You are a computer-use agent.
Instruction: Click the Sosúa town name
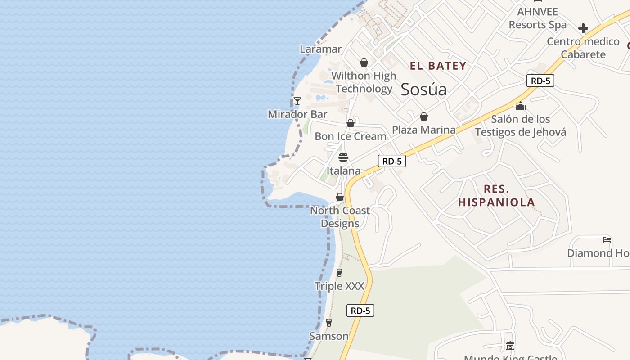pos(423,89)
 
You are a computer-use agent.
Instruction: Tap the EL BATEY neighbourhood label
pos(438,66)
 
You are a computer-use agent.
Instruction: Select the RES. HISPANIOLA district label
pos(497,195)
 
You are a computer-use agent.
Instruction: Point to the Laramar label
pos(321,49)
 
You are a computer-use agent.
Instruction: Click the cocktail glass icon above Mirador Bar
pos(297,101)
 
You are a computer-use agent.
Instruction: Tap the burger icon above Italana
pos(343,157)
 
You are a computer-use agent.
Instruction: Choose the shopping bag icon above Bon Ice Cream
pos(351,123)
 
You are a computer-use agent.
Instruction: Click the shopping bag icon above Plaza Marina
pos(423,117)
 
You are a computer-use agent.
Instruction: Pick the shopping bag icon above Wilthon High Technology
pos(364,63)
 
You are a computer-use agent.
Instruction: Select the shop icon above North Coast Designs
pos(340,197)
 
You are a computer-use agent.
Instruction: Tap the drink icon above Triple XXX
pos(339,273)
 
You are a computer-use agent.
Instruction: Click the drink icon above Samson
pos(329,323)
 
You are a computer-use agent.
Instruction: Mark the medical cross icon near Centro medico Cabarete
pos(583,28)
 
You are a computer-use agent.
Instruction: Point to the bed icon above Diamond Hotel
pos(607,240)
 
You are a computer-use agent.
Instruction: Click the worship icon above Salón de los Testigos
pos(521,106)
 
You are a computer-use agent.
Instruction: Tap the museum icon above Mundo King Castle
pos(510,346)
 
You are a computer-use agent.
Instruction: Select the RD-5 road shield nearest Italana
pos(391,161)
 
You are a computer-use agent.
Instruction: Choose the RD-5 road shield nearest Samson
pos(360,310)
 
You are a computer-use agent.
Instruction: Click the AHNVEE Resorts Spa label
pos(537,18)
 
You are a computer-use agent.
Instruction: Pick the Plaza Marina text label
pos(423,130)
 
